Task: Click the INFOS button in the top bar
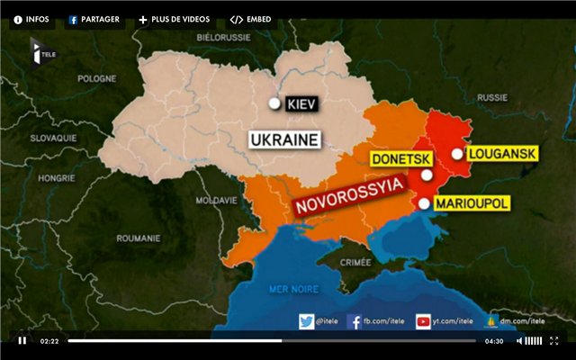[31, 19]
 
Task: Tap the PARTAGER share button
[94, 19]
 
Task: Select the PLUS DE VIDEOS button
[174, 19]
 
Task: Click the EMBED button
[251, 19]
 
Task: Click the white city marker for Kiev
[274, 103]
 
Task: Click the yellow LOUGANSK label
[502, 154]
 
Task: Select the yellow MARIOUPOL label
[472, 203]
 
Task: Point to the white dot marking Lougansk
[457, 154]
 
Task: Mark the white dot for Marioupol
[423, 203]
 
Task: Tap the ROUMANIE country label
[138, 238]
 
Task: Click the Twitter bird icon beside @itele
[307, 321]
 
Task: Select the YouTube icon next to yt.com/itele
[423, 321]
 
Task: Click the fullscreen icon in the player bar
[554, 341]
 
